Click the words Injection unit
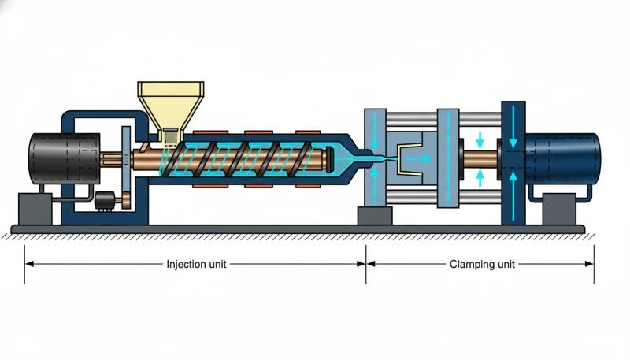[196, 265]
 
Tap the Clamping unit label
[482, 265]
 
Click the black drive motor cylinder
[65, 159]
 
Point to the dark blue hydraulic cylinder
[562, 158]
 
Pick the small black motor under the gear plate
[105, 201]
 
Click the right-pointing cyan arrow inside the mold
[419, 159]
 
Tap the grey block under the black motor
[35, 209]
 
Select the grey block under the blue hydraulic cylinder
[559, 209]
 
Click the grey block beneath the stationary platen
[375, 216]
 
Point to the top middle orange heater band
[259, 132]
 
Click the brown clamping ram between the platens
[480, 159]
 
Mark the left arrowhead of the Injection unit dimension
[29, 264]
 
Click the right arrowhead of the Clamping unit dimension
[589, 264]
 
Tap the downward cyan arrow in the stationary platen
[375, 132]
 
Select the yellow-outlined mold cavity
[409, 159]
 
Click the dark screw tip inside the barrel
[330, 159]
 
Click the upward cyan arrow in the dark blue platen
[513, 196]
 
